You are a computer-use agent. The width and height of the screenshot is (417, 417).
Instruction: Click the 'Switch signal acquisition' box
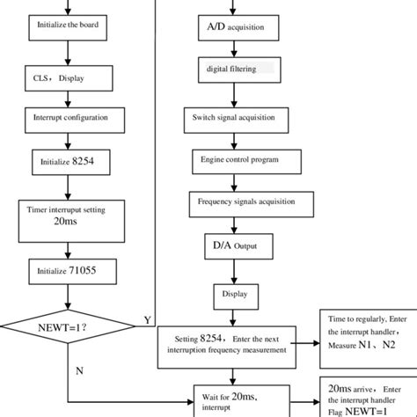tap(233, 117)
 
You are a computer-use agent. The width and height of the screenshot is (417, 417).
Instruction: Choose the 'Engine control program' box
tap(233, 160)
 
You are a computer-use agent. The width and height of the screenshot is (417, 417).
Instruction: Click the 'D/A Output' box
tap(233, 244)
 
